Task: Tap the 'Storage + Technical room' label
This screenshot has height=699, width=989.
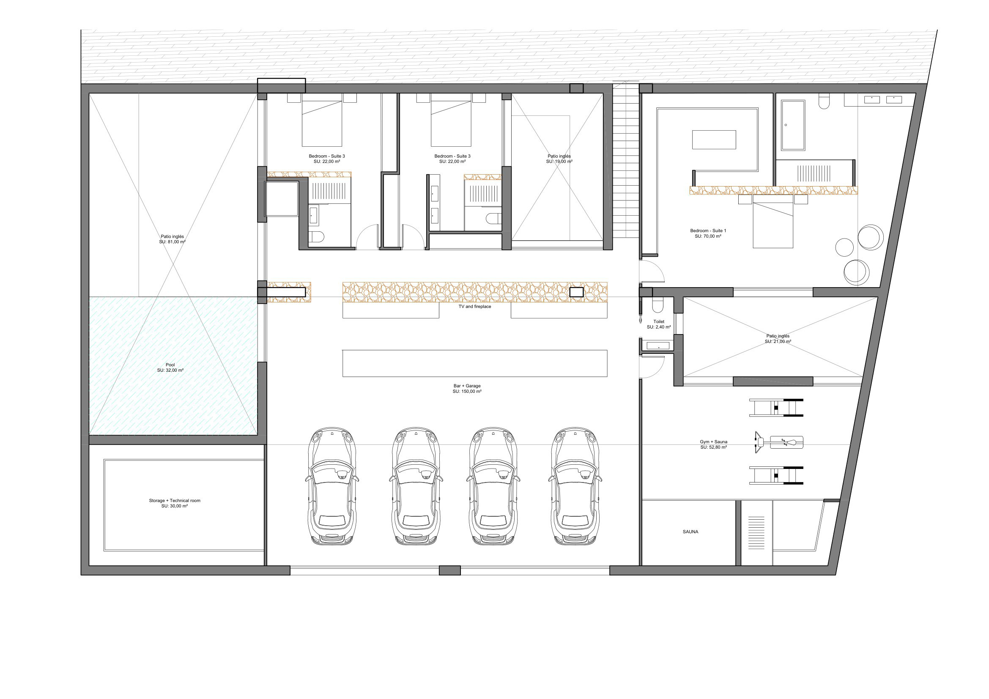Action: coord(175,503)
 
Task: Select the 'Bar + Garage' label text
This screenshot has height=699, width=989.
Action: coord(467,389)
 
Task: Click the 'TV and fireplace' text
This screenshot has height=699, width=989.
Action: coord(475,307)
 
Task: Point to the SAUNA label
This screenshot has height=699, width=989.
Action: coord(690,532)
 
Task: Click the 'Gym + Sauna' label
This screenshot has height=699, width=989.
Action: coord(713,444)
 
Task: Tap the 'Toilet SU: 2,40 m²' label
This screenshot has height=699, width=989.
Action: coord(659,324)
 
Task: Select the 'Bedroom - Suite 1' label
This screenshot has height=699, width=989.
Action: coord(708,233)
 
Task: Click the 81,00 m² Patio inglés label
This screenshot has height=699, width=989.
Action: coord(172,239)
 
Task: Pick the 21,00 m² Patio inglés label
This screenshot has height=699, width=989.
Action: coord(778,339)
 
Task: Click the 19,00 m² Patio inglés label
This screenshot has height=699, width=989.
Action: coord(559,159)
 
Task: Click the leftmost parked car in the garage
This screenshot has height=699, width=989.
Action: coord(331,487)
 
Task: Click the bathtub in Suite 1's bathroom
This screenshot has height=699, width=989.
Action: coord(793,125)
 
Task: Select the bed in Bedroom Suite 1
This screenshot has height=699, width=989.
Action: coord(773,224)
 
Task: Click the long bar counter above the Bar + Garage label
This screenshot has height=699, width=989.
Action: coord(475,364)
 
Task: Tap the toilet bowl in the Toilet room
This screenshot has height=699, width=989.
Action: coord(658,305)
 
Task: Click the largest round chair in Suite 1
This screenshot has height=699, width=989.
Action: coord(871,237)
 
